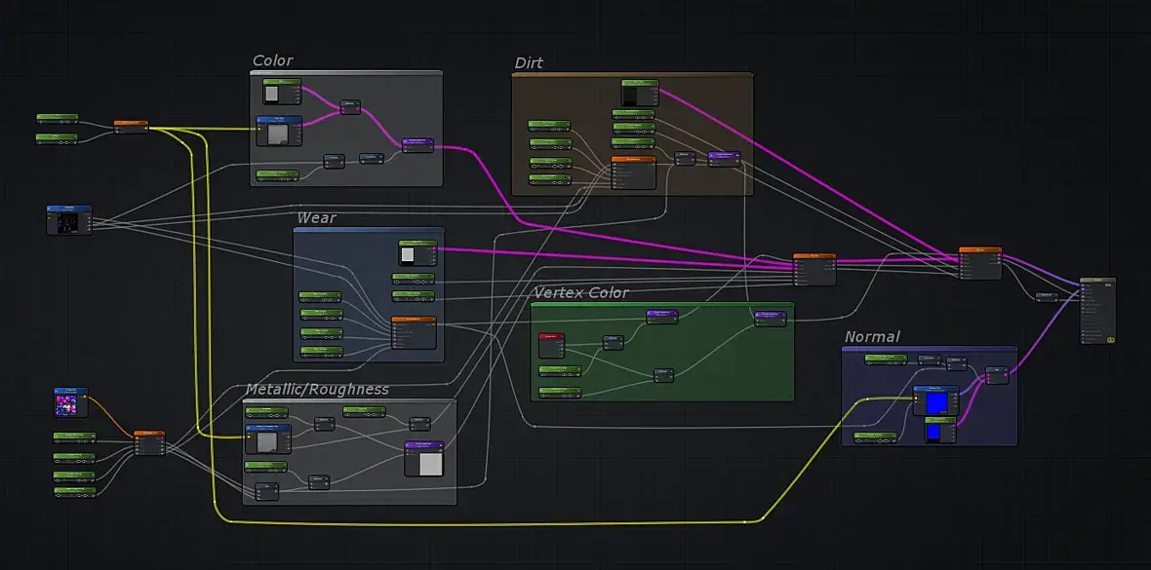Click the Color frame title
tap(272, 60)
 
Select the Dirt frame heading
tap(529, 63)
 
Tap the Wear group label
tap(316, 217)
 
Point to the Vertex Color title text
tap(580, 292)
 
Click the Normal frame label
tap(872, 336)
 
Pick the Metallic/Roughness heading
tap(316, 389)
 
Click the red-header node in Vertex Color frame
tap(552, 346)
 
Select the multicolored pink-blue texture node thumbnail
tap(70, 402)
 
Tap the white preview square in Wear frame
tap(408, 255)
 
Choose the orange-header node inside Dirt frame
tap(633, 171)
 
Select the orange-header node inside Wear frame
tap(414, 332)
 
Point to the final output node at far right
tap(1096, 310)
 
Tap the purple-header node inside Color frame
tap(417, 144)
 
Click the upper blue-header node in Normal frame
tap(934, 400)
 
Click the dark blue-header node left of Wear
tap(68, 219)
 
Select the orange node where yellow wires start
tap(131, 126)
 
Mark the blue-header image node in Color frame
tap(277, 131)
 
